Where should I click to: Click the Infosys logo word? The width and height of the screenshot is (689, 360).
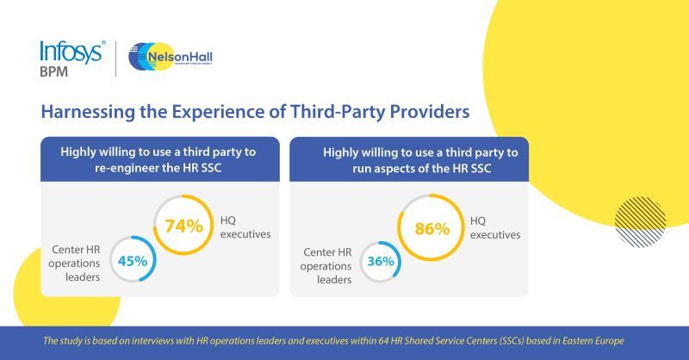click(72, 51)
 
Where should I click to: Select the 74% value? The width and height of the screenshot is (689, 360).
click(184, 227)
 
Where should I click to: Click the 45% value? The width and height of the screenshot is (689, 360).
click(133, 260)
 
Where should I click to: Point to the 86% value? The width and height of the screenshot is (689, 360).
click(432, 229)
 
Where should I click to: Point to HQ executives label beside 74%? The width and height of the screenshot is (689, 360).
click(245, 225)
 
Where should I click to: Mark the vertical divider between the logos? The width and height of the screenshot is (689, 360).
click(116, 58)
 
